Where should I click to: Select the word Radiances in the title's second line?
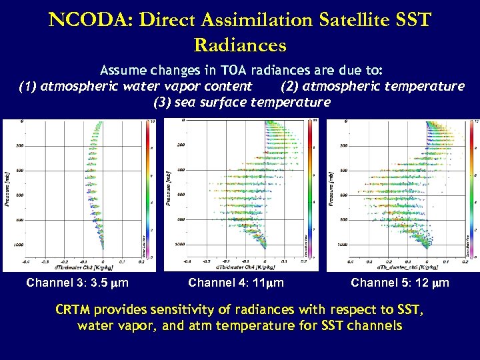[240, 45]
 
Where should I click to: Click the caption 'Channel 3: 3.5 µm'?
[77, 283]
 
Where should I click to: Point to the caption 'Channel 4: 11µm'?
[236, 283]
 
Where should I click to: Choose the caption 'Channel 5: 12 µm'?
[400, 283]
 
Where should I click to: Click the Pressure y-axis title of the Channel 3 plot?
[8, 188]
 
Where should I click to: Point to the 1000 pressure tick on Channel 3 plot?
[18, 245]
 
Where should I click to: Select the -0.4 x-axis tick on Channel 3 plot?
[26, 262]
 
